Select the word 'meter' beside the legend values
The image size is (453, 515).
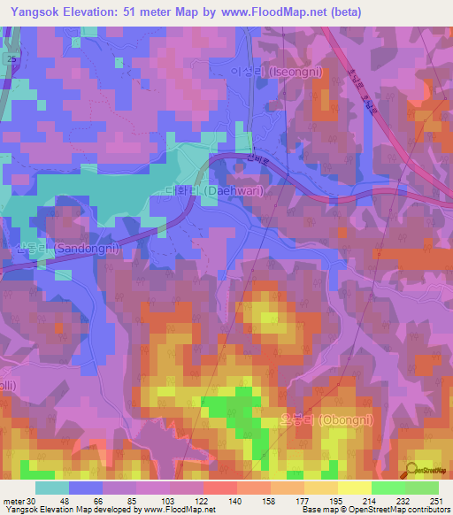click(x=14, y=501)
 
